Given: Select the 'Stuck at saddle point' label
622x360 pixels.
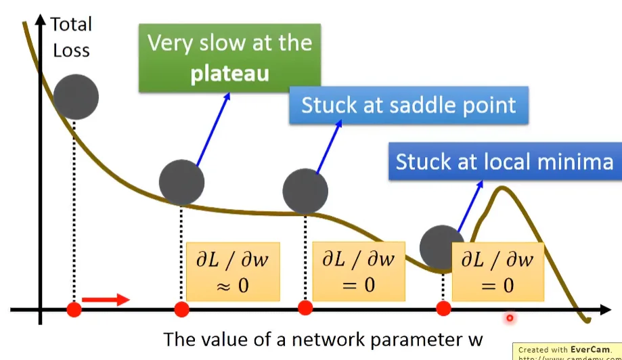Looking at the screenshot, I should pos(408,105).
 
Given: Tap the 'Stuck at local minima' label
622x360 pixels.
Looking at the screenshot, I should pos(504,161).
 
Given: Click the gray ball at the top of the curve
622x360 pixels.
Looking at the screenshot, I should pos(76,97).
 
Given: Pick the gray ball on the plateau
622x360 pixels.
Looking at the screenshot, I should pos(181,182).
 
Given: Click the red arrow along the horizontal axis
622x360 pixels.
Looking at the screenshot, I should pos(105,299).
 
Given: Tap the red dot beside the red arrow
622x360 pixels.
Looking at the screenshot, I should pos(74,310).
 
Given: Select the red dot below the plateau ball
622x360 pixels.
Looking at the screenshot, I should pos(181,309).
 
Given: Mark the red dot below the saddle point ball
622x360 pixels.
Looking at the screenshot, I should pos(305,309).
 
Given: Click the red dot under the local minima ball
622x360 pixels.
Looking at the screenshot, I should pos(443,309).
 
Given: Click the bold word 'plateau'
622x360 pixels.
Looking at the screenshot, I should pos(229,73).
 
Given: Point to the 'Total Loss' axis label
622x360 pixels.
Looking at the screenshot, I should pos(71,38).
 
